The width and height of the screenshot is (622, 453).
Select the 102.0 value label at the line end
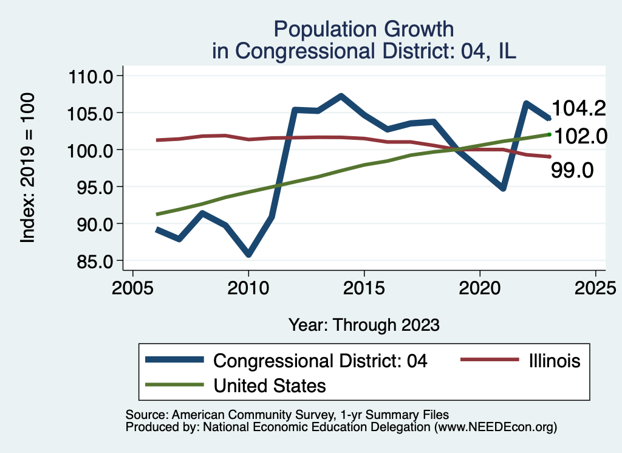579,136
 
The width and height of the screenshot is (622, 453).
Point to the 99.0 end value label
572,170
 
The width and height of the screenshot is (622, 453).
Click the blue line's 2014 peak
341,96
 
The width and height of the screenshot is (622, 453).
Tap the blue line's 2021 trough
503,188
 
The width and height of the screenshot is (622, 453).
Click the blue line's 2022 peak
526,103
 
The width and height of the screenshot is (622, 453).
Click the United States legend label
270,385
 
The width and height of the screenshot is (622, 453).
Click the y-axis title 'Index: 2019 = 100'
28,168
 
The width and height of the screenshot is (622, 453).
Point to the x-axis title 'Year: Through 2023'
364,324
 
